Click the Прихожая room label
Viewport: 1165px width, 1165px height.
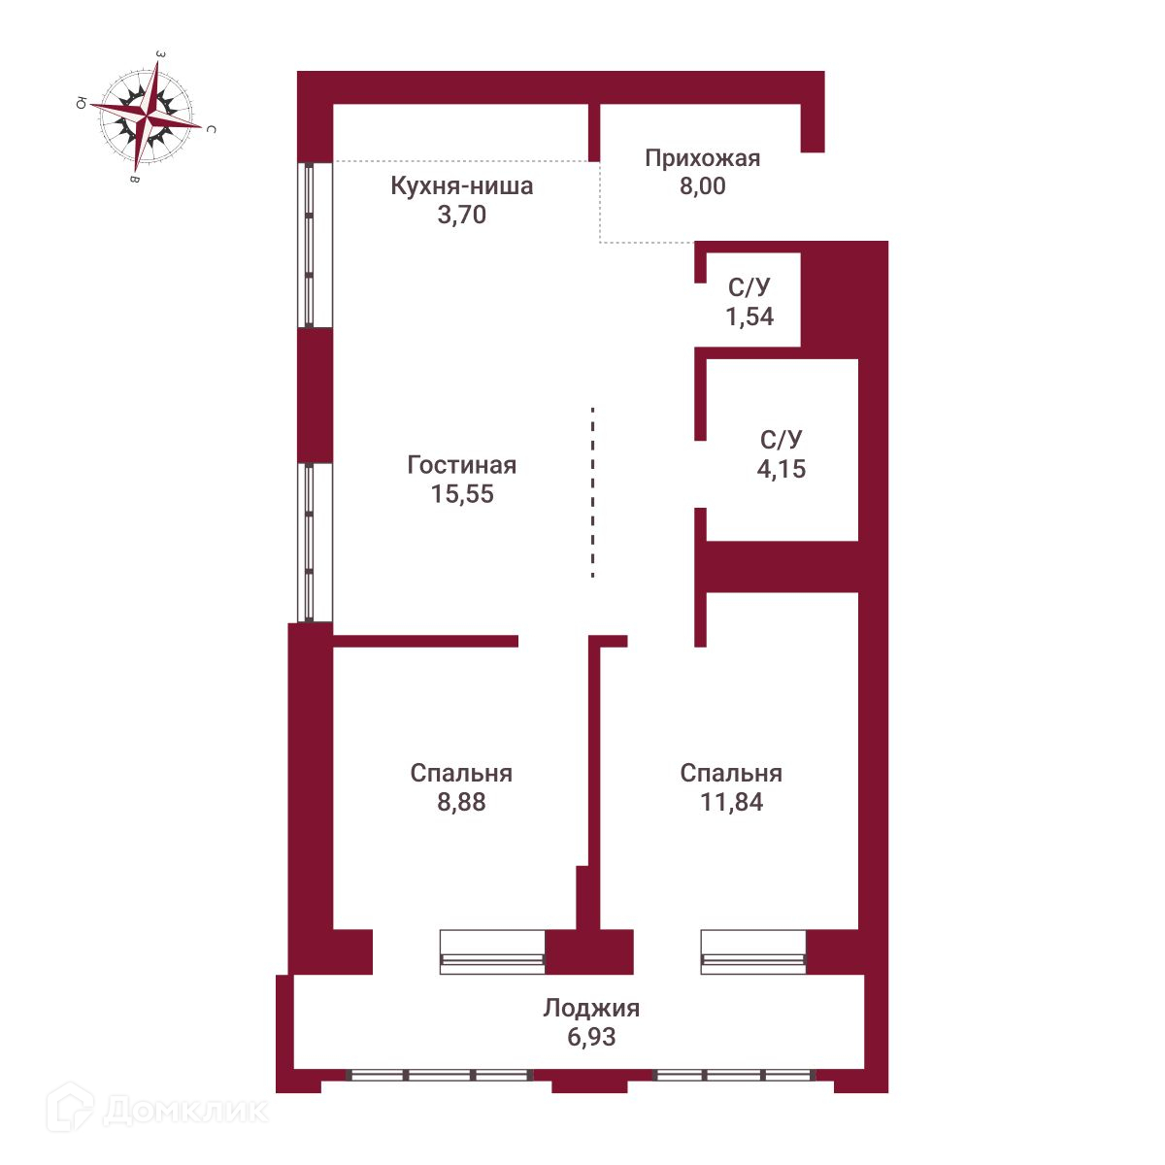coord(702,158)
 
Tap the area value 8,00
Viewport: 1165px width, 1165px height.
coord(702,186)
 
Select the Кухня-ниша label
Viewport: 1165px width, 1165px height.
coord(461,185)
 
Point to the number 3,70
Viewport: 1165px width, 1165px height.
coord(461,215)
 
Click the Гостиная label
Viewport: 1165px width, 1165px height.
coord(461,465)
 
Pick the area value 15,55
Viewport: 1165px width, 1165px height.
coord(462,494)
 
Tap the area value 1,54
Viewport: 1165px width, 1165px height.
coord(749,316)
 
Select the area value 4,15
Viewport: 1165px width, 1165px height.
coord(782,469)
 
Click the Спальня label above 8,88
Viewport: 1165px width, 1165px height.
coord(461,774)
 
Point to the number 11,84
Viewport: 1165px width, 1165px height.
coord(731,802)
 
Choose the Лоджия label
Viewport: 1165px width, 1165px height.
coord(591,1008)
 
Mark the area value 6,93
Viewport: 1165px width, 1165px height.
coord(591,1037)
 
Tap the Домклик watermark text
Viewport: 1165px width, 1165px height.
coord(184,1109)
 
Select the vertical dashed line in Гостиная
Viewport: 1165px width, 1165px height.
coord(592,493)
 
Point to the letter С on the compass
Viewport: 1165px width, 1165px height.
coord(211,128)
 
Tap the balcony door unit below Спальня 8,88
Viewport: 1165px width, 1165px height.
coord(492,951)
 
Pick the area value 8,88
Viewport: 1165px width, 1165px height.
coord(461,802)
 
